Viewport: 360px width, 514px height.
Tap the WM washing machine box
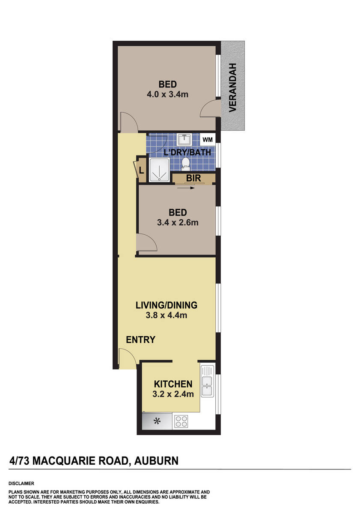coord(207,140)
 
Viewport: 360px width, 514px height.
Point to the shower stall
coord(159,170)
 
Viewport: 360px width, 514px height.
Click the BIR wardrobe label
coord(191,177)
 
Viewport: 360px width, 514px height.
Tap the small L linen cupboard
coord(141,170)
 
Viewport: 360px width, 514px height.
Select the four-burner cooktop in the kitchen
coord(181,421)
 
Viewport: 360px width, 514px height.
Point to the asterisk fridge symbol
coord(157,421)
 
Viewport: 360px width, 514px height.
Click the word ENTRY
coord(140,340)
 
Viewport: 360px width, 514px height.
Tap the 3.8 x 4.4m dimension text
coord(166,316)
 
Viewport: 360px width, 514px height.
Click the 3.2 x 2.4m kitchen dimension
coord(173,394)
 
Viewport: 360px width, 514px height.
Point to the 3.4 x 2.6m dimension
coord(177,223)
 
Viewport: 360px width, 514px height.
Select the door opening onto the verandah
coord(211,108)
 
